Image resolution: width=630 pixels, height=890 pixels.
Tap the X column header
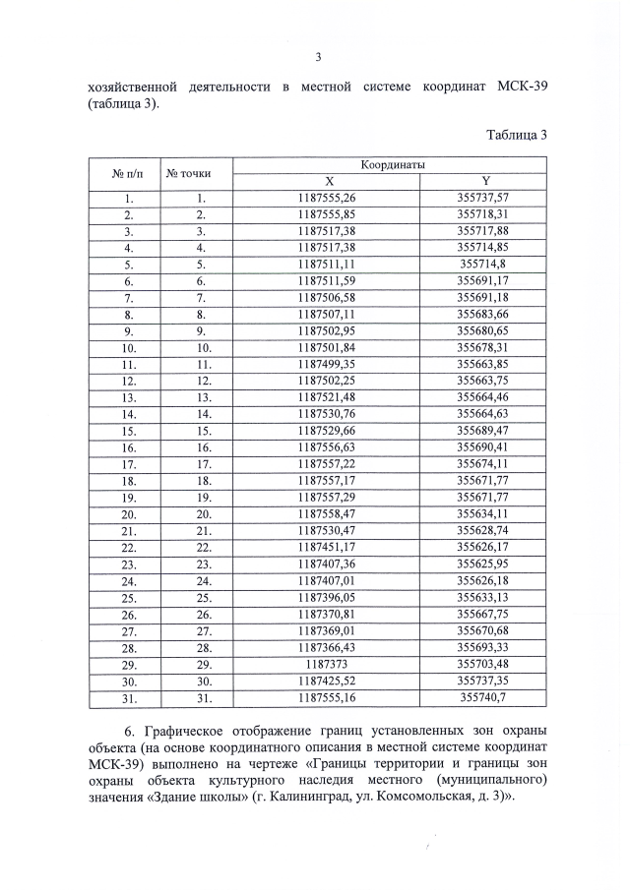330,181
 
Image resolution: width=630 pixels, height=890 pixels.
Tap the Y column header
485,181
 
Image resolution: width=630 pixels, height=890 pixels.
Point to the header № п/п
128,173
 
